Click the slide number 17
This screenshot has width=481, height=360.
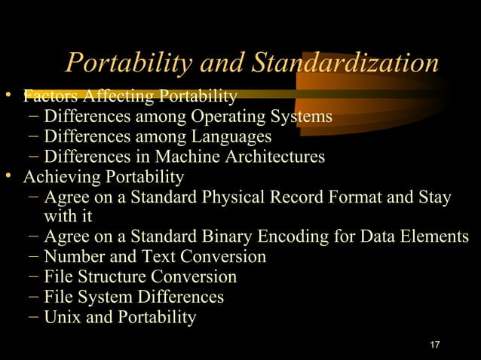[434, 345]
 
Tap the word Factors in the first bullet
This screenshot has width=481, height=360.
[51, 96]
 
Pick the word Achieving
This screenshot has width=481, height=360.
[58, 177]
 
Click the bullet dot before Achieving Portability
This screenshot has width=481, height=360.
[8, 176]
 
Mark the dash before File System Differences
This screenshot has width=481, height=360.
[32, 297]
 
